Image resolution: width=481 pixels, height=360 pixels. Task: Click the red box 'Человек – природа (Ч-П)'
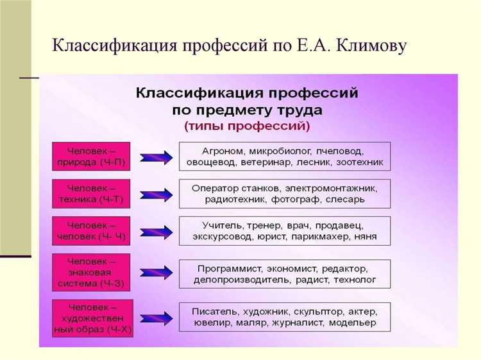90,157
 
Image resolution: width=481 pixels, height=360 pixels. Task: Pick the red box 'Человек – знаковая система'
90,271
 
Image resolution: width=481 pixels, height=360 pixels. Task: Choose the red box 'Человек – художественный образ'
90,317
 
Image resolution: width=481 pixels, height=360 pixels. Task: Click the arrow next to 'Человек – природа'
155,157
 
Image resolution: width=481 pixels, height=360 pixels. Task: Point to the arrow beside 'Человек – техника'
155,194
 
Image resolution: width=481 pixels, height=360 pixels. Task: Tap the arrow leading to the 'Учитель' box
155,231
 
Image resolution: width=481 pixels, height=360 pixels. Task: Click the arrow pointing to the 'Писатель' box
155,317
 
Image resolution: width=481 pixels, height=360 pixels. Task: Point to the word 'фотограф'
305,200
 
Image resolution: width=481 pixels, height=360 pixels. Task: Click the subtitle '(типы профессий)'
247,126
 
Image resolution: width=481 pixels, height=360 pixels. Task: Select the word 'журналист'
299,323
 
